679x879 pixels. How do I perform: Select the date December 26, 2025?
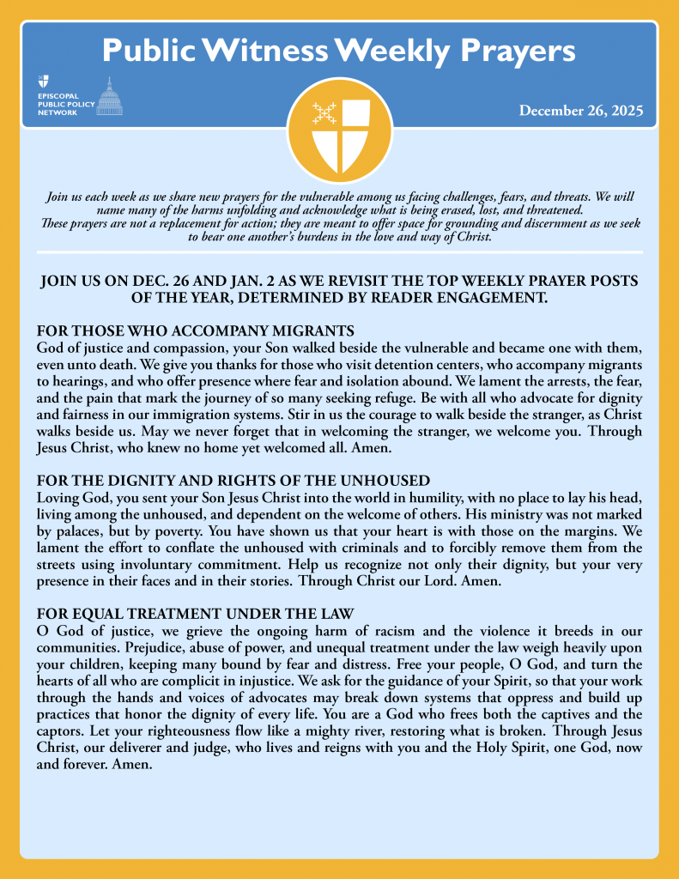(580, 112)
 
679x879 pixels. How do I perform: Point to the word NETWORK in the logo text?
(58, 112)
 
